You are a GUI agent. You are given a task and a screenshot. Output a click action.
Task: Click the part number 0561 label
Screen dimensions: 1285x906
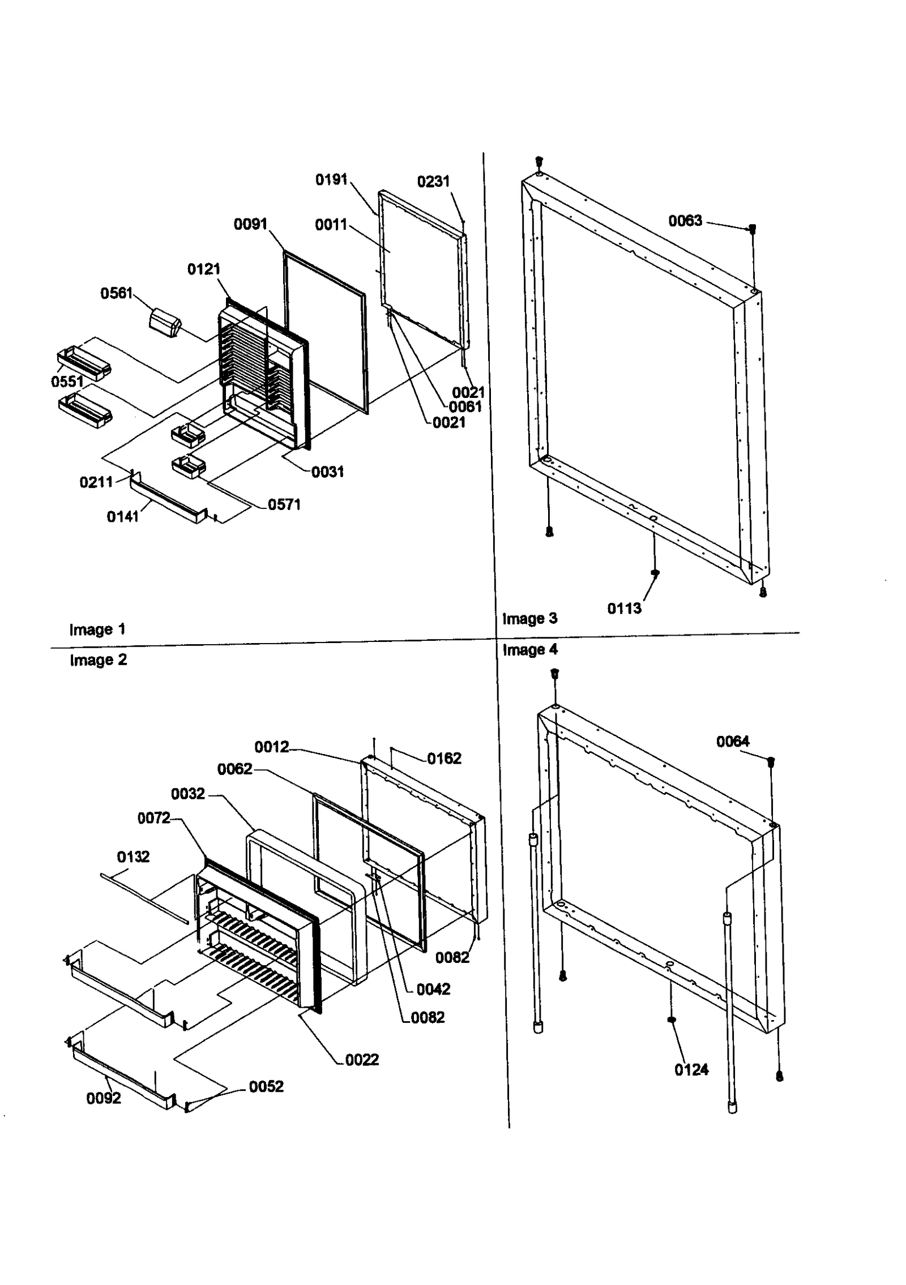(116, 293)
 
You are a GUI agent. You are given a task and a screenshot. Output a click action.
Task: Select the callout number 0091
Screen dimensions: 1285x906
(250, 224)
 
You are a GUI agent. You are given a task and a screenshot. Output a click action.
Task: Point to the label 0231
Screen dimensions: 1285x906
(433, 182)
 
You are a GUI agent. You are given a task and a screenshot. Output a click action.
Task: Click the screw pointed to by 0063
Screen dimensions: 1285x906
(753, 229)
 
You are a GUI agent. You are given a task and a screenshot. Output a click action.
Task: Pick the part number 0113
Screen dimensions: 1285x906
(624, 609)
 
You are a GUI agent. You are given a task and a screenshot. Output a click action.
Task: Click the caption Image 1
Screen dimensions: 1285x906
(97, 629)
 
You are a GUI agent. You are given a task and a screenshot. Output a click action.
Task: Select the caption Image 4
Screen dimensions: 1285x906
(529, 650)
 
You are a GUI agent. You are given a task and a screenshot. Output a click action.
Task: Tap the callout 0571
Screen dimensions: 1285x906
(284, 504)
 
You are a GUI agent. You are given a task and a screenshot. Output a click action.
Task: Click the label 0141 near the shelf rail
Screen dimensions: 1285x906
(122, 516)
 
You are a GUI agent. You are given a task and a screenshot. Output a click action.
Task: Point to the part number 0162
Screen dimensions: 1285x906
(444, 759)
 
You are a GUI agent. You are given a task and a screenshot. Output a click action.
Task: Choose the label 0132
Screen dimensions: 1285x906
(133, 856)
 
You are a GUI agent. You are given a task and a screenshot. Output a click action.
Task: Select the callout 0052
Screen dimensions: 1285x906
(266, 1086)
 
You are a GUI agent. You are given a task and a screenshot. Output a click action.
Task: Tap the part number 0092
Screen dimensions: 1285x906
(103, 1098)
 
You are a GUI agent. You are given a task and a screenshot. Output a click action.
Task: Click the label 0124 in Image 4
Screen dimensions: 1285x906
(691, 1069)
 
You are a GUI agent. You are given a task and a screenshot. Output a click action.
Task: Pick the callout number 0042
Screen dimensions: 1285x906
(433, 989)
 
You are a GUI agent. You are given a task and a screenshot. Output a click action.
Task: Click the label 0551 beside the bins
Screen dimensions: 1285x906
(67, 382)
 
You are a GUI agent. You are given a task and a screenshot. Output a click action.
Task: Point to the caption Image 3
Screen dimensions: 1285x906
(529, 619)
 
